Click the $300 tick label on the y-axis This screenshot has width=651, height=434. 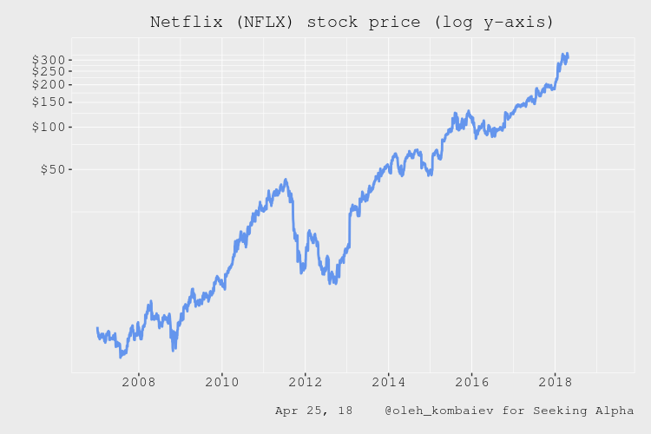point(48,60)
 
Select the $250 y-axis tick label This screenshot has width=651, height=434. point(48,71)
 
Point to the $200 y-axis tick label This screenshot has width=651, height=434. point(48,84)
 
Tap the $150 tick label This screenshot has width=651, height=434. point(48,102)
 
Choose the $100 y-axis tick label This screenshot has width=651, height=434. point(48,127)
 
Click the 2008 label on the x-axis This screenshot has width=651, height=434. point(138,382)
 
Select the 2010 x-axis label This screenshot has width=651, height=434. point(221,382)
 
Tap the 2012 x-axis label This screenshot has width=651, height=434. point(305,382)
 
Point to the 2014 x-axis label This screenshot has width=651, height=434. point(388,382)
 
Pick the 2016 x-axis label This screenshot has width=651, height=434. point(471,382)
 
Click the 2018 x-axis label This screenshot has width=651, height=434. point(556,382)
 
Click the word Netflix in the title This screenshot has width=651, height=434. point(184,22)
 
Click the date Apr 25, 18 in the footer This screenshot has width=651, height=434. point(313,410)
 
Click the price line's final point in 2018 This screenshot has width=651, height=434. point(567,55)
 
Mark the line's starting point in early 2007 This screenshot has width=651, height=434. point(97,328)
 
